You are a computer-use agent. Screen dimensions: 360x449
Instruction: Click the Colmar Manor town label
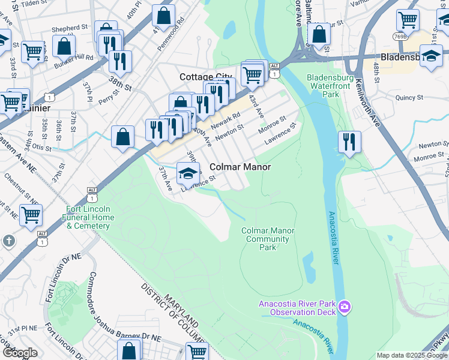click(240, 167)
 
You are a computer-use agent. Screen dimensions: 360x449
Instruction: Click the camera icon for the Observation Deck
click(345, 307)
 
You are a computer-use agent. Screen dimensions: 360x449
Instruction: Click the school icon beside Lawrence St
click(188, 173)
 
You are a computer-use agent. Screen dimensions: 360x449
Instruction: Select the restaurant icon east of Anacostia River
click(349, 142)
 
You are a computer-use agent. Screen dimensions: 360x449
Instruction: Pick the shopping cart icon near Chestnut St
click(31, 214)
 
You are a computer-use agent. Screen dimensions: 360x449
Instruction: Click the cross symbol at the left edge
click(8, 241)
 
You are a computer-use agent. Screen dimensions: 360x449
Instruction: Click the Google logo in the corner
click(20, 353)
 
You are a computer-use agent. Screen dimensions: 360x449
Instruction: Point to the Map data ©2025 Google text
click(411, 355)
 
